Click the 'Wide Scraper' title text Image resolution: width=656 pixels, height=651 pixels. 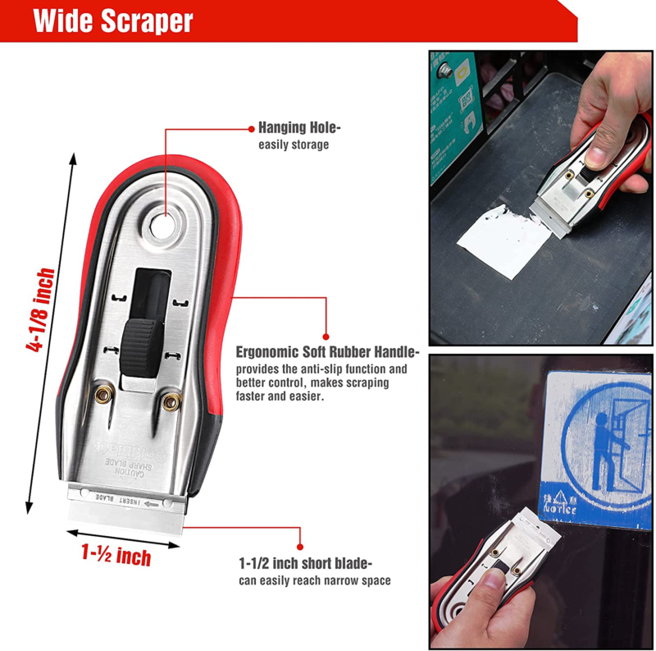113,21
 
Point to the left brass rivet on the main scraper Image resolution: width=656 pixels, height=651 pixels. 103,396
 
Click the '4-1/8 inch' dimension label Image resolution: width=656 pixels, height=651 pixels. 41,310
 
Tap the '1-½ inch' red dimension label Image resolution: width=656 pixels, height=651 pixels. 116,556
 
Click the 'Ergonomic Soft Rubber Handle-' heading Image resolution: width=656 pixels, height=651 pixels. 327,352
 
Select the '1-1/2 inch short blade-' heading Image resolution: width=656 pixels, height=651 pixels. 306,564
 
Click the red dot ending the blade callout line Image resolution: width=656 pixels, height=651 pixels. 299,544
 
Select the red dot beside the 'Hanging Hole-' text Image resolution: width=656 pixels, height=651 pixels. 249,128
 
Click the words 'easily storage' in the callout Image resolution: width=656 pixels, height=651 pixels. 294,145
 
